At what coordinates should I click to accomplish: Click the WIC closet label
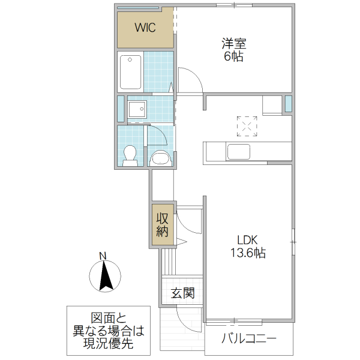[145, 28]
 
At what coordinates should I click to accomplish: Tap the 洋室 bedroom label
[234, 44]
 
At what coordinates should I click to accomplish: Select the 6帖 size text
[234, 58]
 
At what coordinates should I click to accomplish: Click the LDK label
[246, 238]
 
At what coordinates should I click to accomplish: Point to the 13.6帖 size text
[246, 253]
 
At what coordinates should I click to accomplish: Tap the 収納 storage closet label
[163, 225]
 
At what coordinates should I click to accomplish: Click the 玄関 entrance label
[182, 294]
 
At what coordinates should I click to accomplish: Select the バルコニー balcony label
[249, 337]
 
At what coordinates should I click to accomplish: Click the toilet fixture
[130, 154]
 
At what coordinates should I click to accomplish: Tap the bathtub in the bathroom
[130, 71]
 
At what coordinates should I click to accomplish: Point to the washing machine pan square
[137, 110]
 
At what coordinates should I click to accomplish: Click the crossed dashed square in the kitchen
[247, 125]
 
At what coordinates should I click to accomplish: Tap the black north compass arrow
[106, 277]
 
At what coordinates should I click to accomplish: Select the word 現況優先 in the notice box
[109, 345]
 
